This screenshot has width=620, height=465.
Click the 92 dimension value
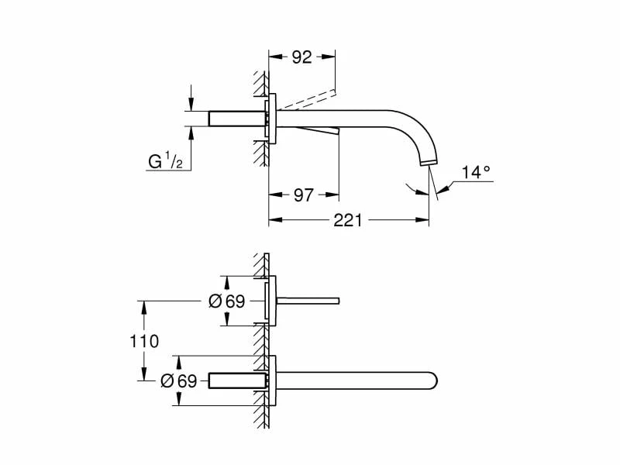pyautogui.click(x=301, y=57)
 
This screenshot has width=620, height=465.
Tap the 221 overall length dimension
pyautogui.click(x=348, y=220)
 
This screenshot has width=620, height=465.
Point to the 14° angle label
pyautogui.click(x=477, y=172)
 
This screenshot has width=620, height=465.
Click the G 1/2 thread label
pyautogui.click(x=165, y=161)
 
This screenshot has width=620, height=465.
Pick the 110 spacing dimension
pyautogui.click(x=144, y=341)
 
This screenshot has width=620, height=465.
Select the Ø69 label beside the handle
pyautogui.click(x=227, y=301)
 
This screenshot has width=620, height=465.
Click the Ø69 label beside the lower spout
pyautogui.click(x=179, y=381)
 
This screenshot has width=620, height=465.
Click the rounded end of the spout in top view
pyautogui.click(x=432, y=381)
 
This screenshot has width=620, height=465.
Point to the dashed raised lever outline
pyautogui.click(x=306, y=99)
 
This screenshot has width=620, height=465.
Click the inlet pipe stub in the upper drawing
pyautogui.click(x=236, y=118)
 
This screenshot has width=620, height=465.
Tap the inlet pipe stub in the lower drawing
pyautogui.click(x=236, y=381)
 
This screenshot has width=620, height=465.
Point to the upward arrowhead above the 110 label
pyautogui.click(x=143, y=306)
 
